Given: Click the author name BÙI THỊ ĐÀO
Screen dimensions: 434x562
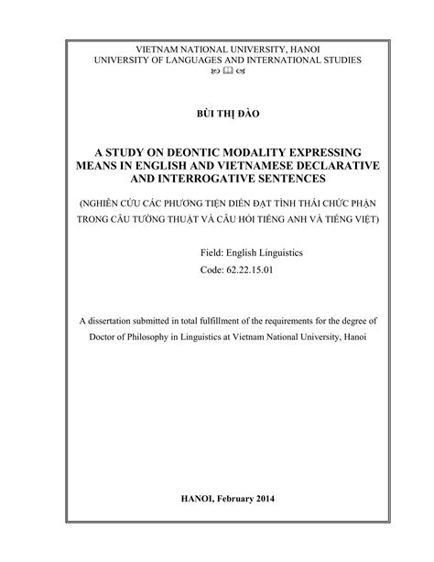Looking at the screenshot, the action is click(x=216, y=115).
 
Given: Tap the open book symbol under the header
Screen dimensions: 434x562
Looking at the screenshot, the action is click(x=216, y=72).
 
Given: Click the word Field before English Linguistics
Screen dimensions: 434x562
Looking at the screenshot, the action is click(x=212, y=251).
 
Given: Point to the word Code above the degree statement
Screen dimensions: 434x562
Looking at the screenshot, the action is click(x=212, y=272).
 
